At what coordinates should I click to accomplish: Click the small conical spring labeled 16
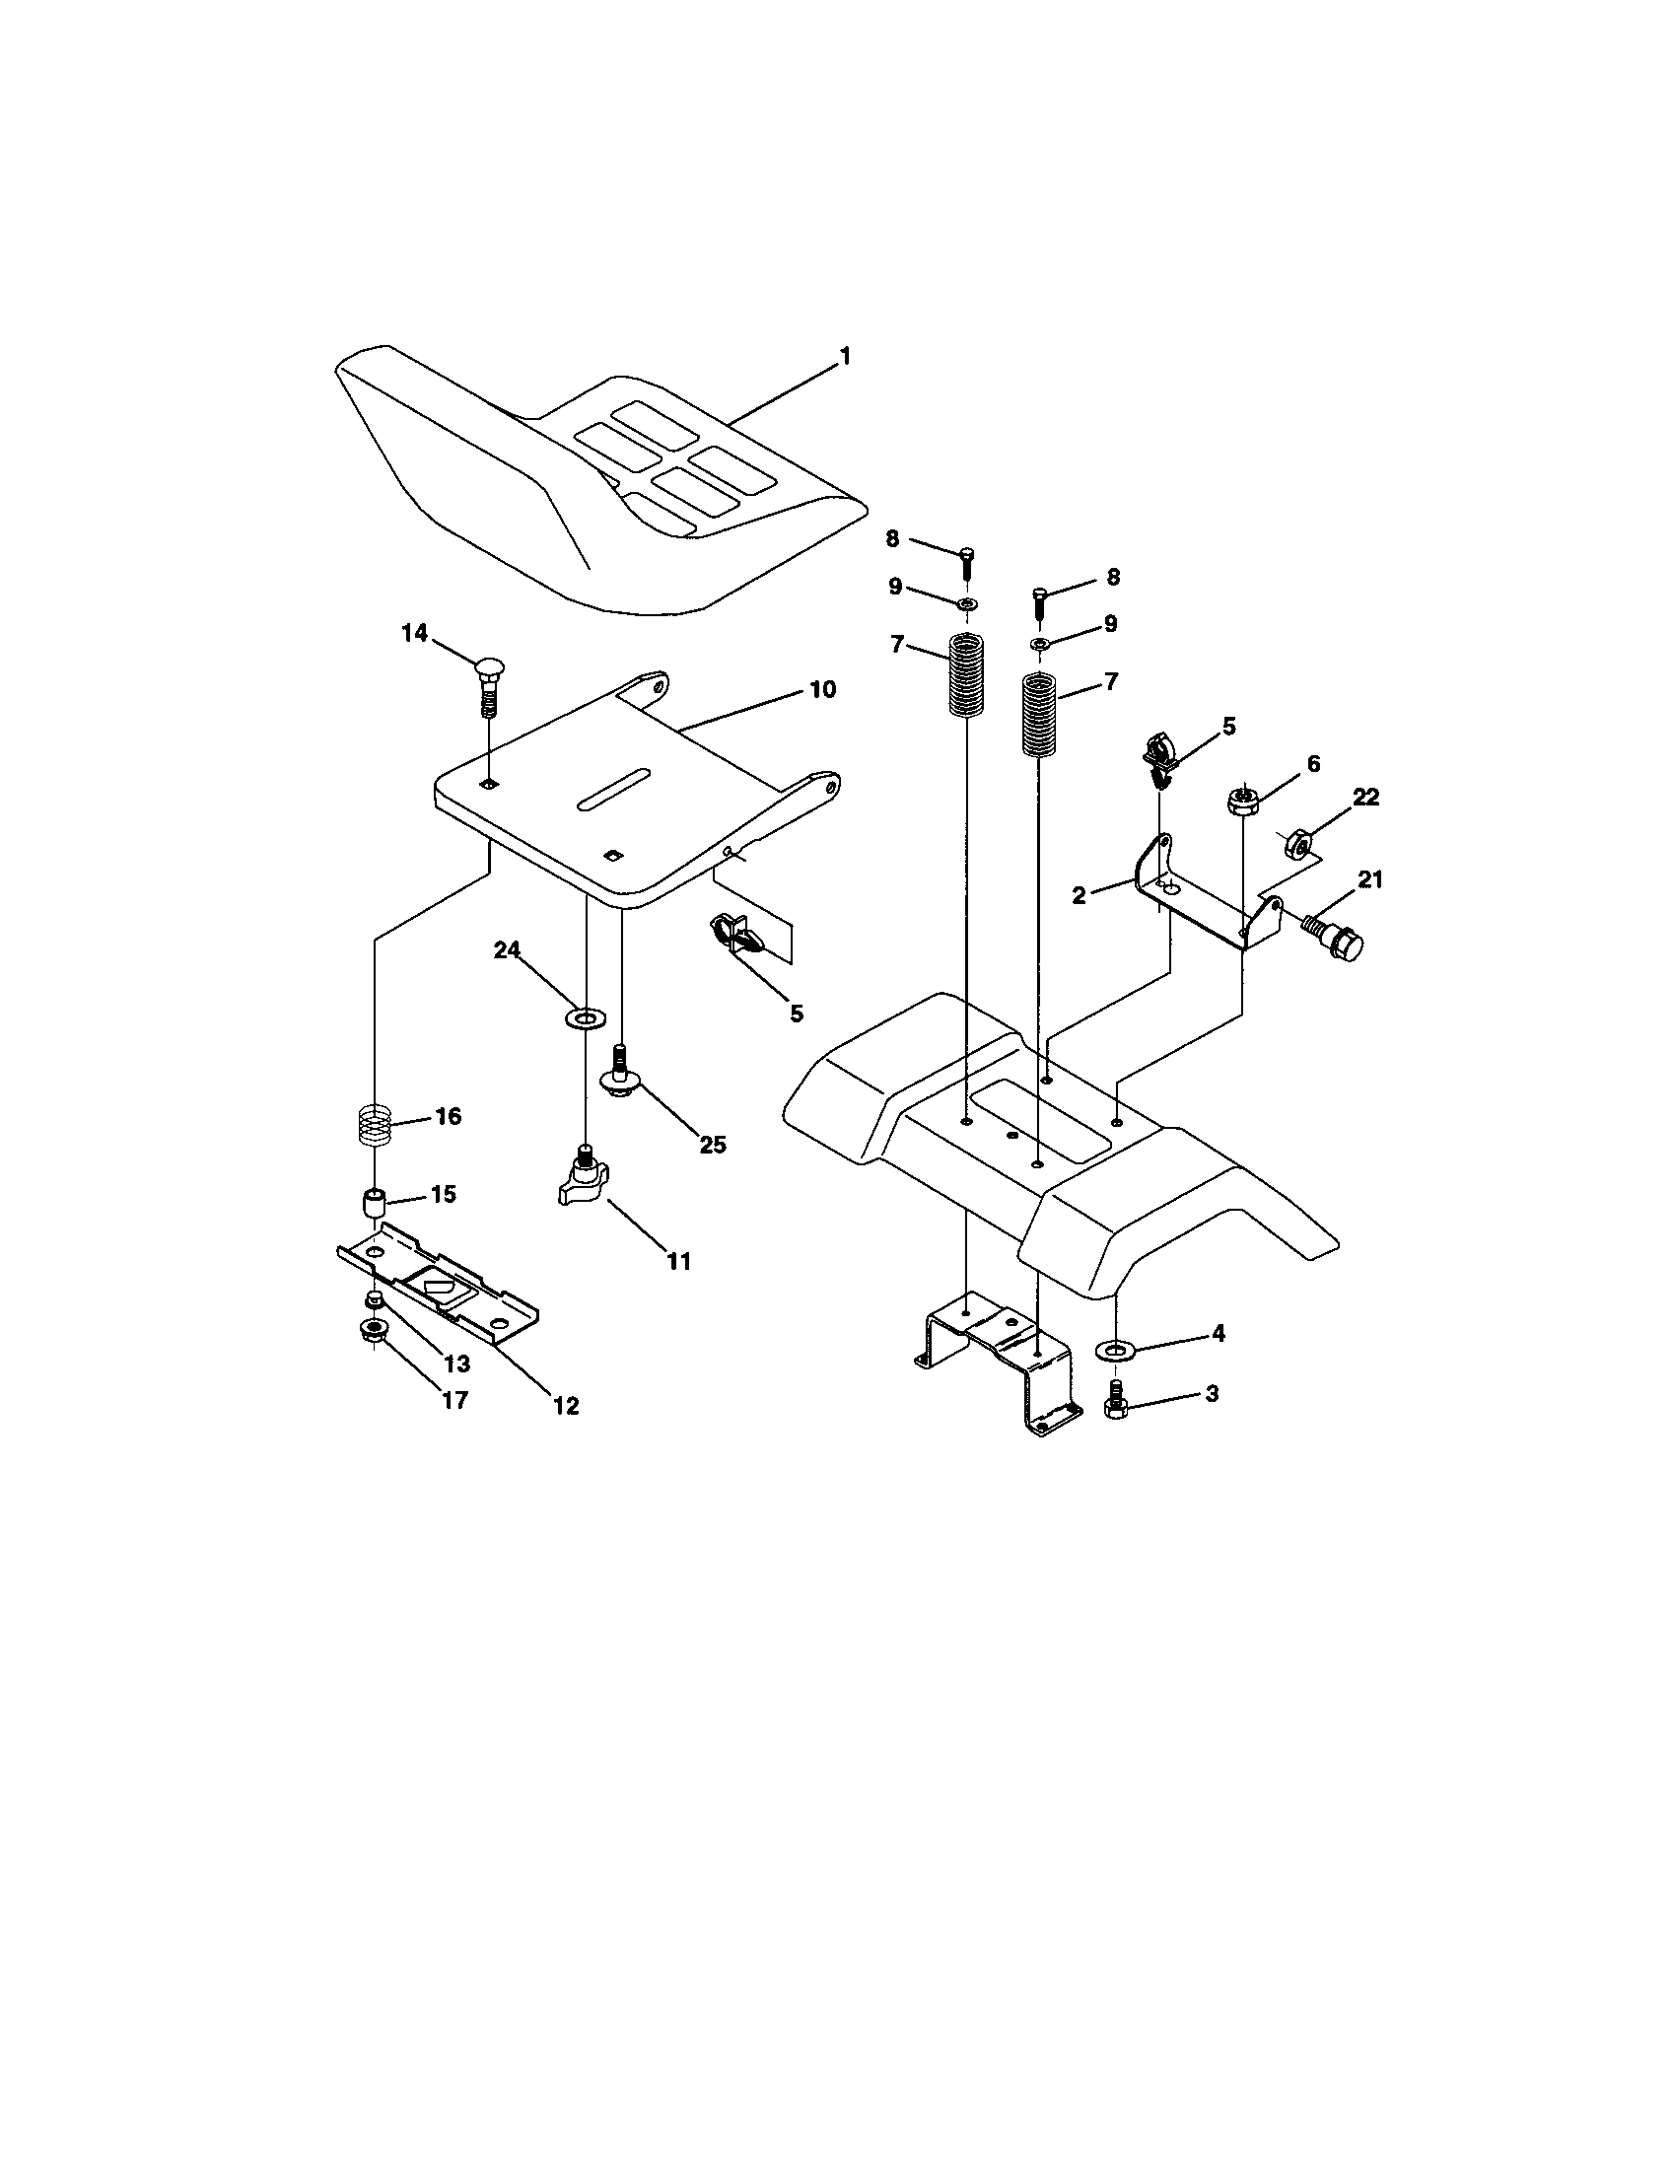pyautogui.click(x=376, y=1127)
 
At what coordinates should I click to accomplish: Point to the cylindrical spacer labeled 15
pyautogui.click(x=375, y=1204)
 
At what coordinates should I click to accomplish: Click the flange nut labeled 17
pyautogui.click(x=375, y=1330)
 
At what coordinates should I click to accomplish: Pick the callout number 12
pyautogui.click(x=567, y=1405)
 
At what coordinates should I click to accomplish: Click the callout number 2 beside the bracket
pyautogui.click(x=1080, y=894)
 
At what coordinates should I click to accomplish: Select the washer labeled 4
pyautogui.click(x=1118, y=1349)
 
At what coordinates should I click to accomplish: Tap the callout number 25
pyautogui.click(x=712, y=1144)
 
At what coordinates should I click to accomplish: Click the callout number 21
pyautogui.click(x=1370, y=879)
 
